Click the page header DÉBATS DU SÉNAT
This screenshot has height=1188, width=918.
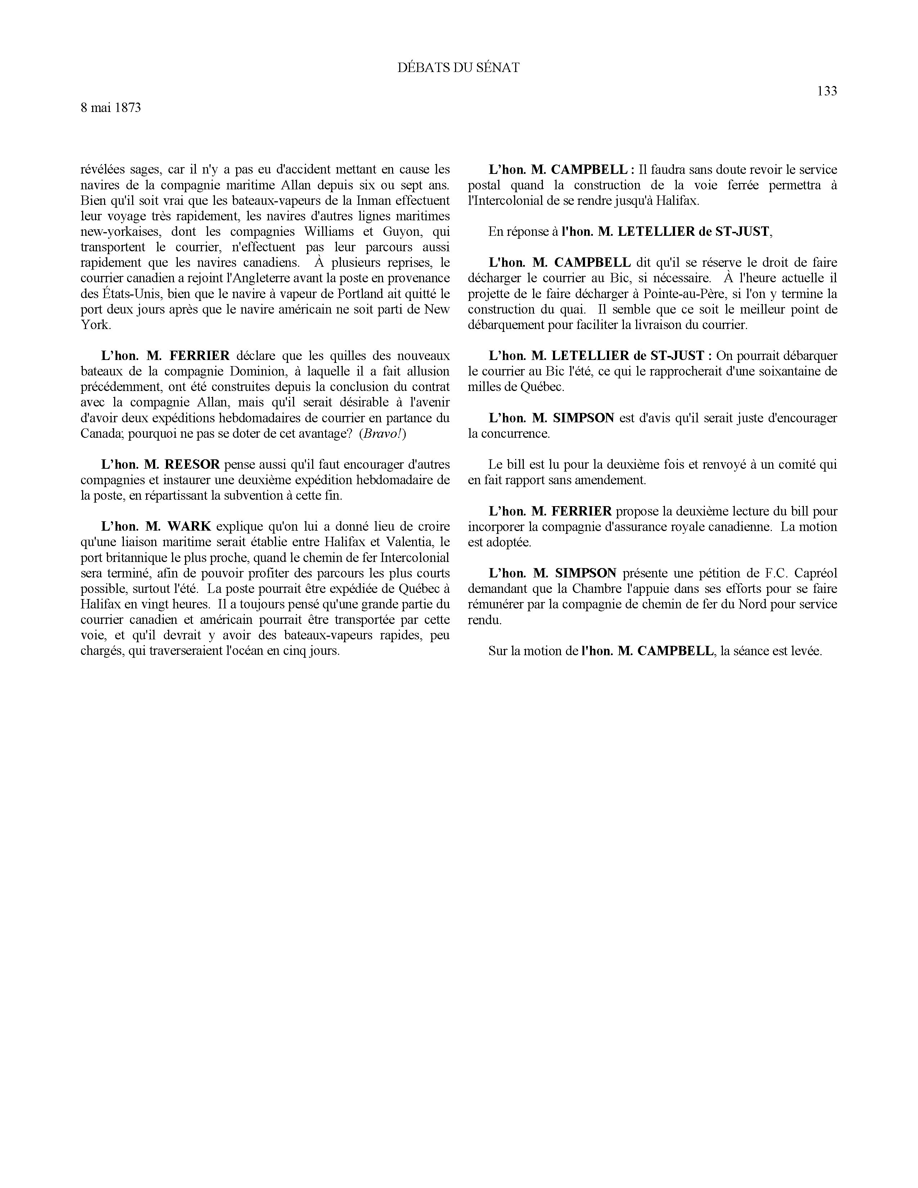[x=458, y=67]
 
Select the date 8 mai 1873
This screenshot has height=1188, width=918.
[x=111, y=108]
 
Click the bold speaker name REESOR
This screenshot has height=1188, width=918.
[x=192, y=464]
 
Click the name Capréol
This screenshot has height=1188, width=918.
[x=814, y=573]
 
